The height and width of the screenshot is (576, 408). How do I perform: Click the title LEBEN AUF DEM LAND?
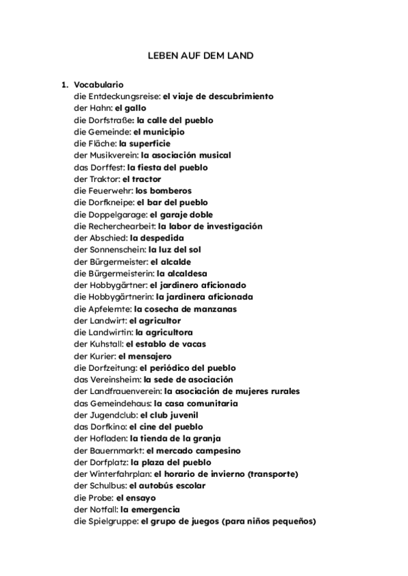(201, 56)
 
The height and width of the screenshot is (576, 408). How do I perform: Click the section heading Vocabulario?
(99, 85)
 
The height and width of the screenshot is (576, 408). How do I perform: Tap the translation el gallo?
(131, 108)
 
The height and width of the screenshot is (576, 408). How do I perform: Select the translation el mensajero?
(145, 356)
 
